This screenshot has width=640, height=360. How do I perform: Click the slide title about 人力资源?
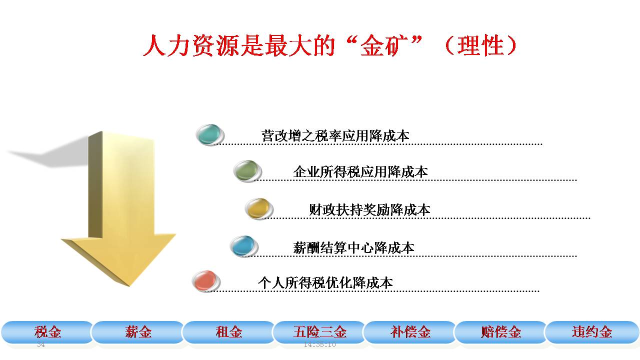coord(330,45)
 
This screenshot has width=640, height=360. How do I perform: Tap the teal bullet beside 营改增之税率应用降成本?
coord(210,135)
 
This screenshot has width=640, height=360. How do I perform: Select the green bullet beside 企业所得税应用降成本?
coord(247,171)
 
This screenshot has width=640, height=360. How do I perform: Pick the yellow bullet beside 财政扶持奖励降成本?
coord(259,209)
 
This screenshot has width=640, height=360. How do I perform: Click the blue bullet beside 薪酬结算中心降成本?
coord(244,246)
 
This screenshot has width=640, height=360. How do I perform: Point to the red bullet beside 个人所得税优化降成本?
coord(206,281)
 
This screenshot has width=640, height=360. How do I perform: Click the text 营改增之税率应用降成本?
coord(335,135)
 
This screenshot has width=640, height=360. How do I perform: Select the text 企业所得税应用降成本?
coord(360,171)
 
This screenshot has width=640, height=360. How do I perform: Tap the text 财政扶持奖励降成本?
coord(369,209)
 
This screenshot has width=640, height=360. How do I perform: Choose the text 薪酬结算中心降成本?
coord(353,247)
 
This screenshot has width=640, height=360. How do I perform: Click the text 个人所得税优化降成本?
coord(325,283)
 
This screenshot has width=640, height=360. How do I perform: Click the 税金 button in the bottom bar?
coord(47,332)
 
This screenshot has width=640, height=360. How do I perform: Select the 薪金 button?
coord(137,332)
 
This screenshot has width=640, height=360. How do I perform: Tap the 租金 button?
coord(228,332)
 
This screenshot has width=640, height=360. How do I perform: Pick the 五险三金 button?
coord(319,332)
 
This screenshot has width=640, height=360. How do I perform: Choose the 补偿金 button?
coord(410,332)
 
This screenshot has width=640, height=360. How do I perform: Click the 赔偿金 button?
coord(500,332)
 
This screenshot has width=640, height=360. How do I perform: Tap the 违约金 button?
coord(591,332)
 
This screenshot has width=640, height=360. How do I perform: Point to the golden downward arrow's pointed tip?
coord(129,285)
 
